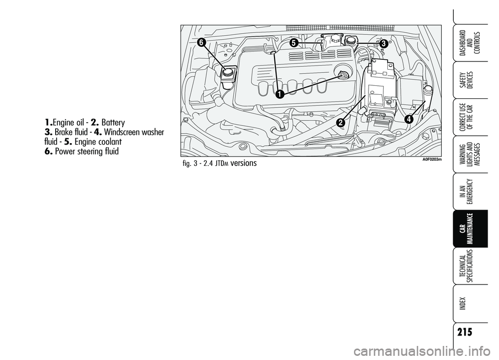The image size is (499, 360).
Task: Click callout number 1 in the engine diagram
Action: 279,95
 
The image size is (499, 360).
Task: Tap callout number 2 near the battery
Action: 341,123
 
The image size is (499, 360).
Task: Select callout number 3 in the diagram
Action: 384,45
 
